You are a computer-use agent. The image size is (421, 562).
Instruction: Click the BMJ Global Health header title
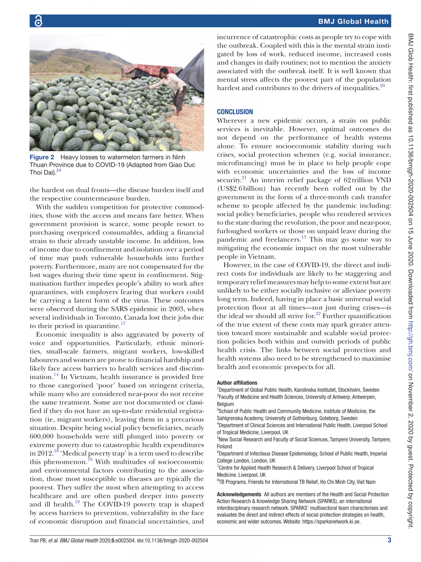click(x=353, y=21)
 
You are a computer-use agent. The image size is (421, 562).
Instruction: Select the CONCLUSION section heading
click(x=235, y=112)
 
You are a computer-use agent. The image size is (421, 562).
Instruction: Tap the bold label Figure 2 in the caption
click(x=42, y=157)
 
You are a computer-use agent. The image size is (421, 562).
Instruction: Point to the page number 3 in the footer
click(x=389, y=540)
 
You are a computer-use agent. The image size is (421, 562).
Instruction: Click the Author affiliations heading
click(x=237, y=383)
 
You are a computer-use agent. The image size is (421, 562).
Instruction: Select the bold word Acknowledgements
click(x=239, y=494)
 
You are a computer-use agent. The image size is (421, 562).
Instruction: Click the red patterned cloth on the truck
click(x=148, y=69)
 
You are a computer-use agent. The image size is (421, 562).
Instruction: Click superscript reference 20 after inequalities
click(x=382, y=86)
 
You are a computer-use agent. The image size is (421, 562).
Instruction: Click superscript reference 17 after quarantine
click(x=123, y=324)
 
